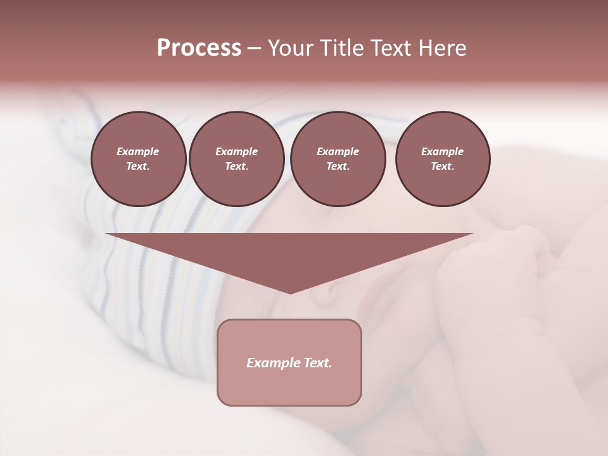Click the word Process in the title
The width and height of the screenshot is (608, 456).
199,48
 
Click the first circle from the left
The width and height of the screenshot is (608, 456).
138,159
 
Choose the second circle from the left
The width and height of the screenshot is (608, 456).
236,159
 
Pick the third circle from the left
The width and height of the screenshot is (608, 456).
338,159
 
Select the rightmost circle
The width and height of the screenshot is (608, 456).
442,159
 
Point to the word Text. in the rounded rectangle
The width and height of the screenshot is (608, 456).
318,363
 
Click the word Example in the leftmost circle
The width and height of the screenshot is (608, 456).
138,151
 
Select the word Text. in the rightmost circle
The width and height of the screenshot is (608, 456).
442,167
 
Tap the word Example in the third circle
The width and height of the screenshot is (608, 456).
338,151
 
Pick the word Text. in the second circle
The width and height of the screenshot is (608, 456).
236,167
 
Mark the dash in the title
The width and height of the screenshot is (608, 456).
254,48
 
